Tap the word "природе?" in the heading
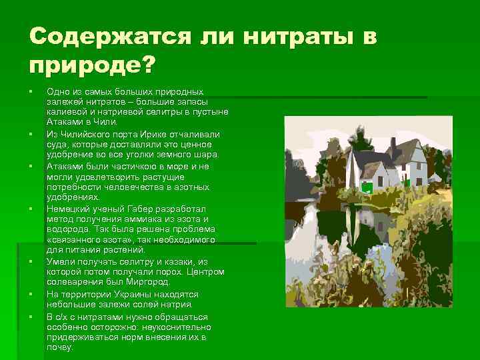(x=91, y=65)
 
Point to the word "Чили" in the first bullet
(x=107, y=123)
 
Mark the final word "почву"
(x=59, y=347)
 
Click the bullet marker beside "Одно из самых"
(x=31, y=91)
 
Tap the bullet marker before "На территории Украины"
(x=31, y=294)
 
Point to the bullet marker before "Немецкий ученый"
(x=31, y=209)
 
